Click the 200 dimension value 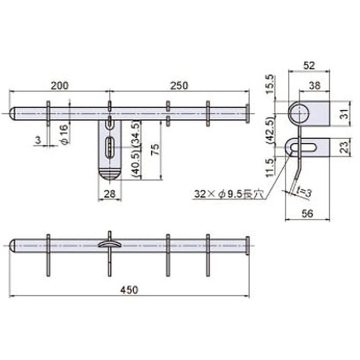pos(60,85)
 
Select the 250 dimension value pos(179,85)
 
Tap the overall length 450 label pos(129,290)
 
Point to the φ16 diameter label pos(65,134)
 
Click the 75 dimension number pos(156,150)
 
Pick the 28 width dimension pos(109,194)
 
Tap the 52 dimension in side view pos(309,66)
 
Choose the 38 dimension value pos(315,85)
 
